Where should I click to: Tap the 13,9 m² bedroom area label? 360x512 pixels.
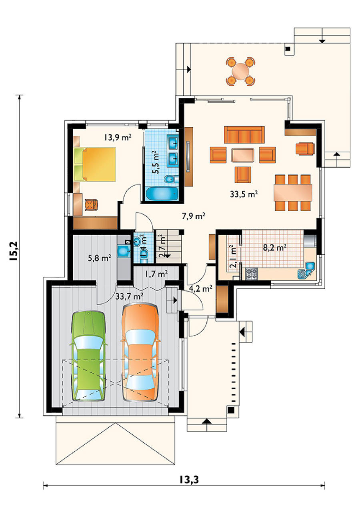[x=118, y=138]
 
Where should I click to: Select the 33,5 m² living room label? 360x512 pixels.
[x=244, y=194]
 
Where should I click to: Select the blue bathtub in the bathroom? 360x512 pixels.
[x=162, y=194]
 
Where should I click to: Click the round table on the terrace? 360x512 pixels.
[x=240, y=71]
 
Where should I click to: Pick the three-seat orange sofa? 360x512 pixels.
[x=244, y=135]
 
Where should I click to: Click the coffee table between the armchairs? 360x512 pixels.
[x=243, y=155]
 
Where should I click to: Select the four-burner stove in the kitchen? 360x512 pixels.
[x=252, y=274]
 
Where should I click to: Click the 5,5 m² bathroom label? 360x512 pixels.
[x=156, y=162]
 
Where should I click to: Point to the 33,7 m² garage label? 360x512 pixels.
[x=129, y=296]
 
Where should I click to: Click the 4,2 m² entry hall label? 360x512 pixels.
[x=200, y=289]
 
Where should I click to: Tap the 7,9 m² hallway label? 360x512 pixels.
[x=193, y=216]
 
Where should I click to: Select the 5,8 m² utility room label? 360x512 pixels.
[x=100, y=258]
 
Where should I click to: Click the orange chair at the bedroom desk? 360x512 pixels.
[x=91, y=204]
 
